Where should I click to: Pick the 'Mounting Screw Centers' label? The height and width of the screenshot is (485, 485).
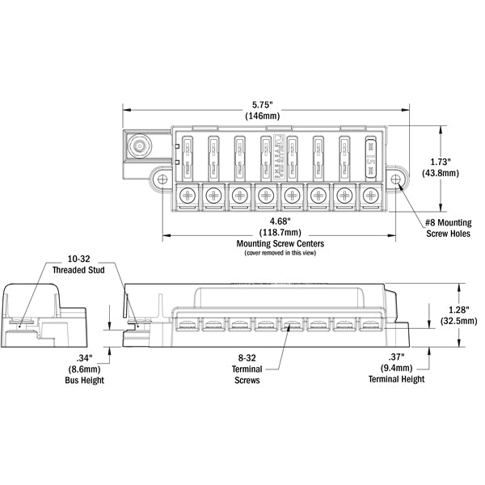280,242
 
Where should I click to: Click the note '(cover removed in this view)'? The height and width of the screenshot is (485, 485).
280,253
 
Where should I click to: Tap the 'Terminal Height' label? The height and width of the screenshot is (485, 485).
396,378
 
